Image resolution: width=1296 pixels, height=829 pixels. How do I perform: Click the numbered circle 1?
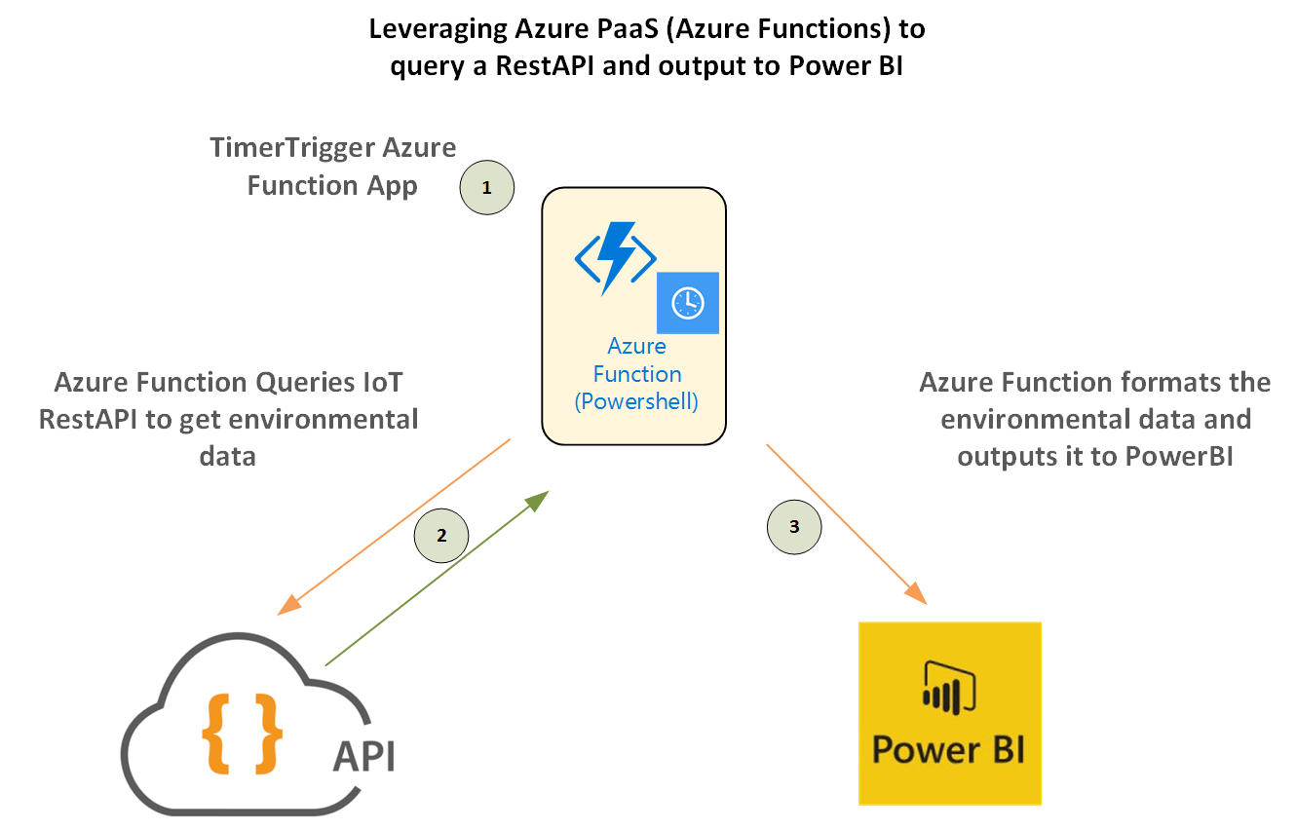(x=487, y=188)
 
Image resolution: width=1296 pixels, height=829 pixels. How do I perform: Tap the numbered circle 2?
(x=441, y=535)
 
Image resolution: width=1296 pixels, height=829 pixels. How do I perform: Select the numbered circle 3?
(x=794, y=527)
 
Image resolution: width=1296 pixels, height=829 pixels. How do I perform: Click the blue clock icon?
(x=688, y=303)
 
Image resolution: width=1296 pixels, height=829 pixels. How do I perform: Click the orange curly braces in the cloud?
(x=243, y=732)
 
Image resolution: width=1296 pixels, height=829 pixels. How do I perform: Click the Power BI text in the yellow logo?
(x=948, y=750)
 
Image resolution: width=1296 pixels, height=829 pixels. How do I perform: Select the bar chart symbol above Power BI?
(x=948, y=687)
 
